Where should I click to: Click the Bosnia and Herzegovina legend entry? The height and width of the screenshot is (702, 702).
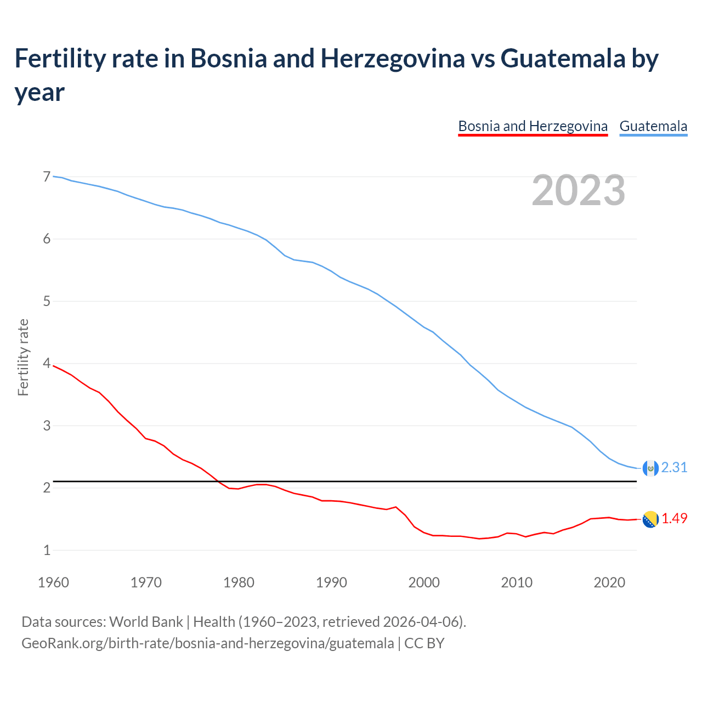tap(533, 126)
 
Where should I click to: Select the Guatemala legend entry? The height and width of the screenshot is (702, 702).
tap(653, 126)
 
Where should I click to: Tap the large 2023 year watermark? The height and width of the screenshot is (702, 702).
tap(578, 190)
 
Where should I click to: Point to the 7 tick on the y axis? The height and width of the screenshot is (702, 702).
tap(47, 177)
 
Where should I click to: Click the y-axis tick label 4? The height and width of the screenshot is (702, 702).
tap(47, 364)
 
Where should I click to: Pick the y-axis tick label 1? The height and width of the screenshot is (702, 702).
tap(47, 550)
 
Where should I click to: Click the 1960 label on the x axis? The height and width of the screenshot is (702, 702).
tap(53, 582)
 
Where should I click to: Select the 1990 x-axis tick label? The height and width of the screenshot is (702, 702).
tap(331, 582)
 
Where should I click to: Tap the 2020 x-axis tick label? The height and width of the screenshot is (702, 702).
tap(609, 582)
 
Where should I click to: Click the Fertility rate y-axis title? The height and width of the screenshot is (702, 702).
tap(23, 357)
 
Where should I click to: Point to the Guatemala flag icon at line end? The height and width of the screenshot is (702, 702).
tap(650, 468)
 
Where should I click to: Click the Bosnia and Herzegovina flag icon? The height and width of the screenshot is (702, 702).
tap(650, 519)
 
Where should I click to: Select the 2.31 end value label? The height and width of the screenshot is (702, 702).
tap(674, 467)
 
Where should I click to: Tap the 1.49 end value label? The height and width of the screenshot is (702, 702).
tap(674, 518)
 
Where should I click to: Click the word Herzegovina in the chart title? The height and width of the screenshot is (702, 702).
tap(392, 58)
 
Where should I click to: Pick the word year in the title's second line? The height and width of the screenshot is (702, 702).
tap(39, 92)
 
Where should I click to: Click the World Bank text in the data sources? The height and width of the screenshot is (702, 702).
tap(146, 622)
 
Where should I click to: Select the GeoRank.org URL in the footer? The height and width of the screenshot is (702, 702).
tap(207, 643)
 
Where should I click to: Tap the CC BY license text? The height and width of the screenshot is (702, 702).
tap(424, 643)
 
